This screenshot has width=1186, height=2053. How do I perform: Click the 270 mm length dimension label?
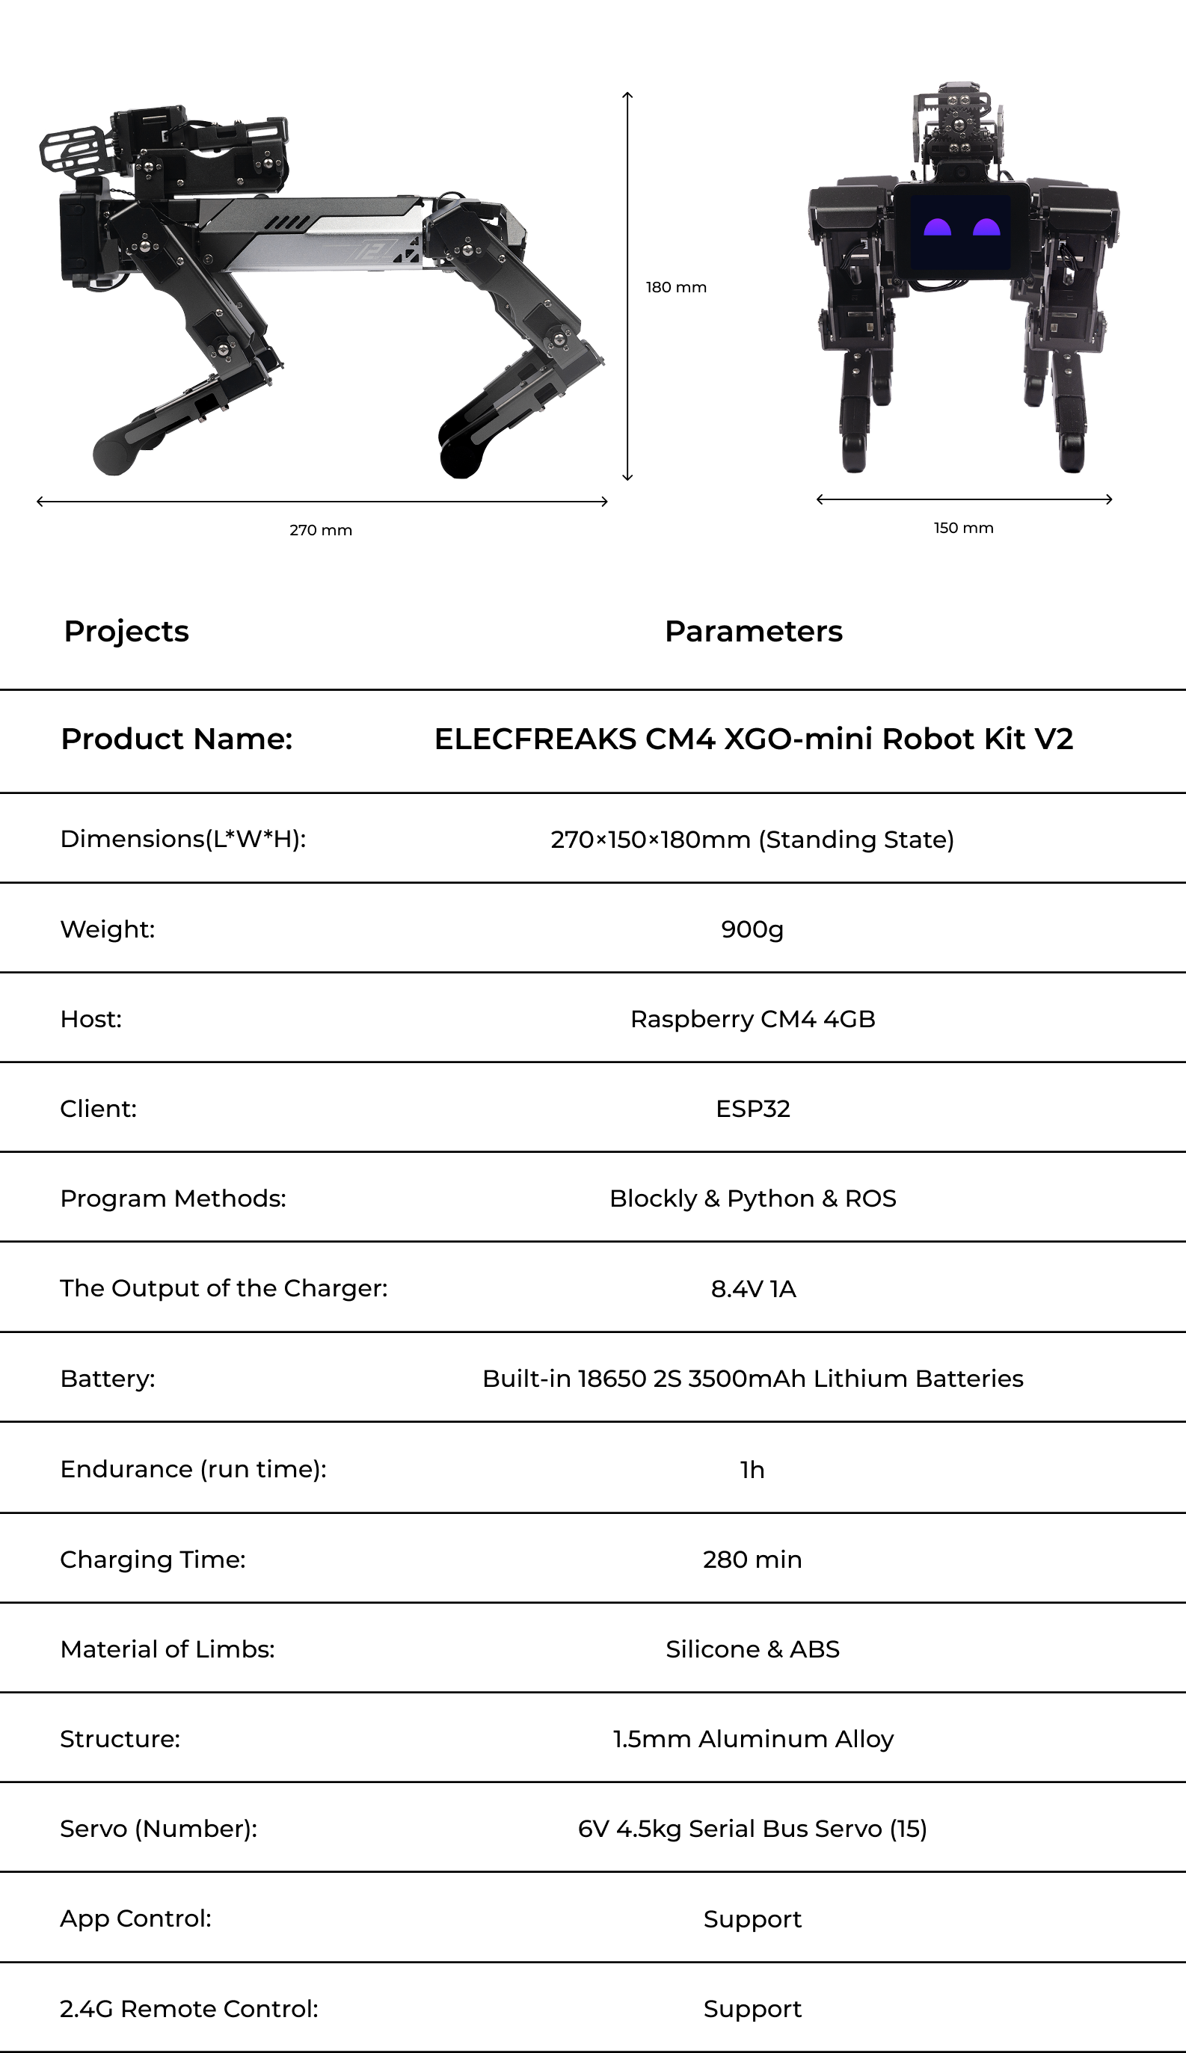pyautogui.click(x=321, y=530)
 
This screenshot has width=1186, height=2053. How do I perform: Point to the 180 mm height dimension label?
pyautogui.click(x=676, y=288)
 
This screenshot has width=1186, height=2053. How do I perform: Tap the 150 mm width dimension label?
pyautogui.click(x=964, y=528)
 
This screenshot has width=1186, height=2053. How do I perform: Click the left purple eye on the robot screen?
pyautogui.click(x=937, y=227)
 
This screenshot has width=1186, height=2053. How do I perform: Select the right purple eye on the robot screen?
pyautogui.click(x=986, y=227)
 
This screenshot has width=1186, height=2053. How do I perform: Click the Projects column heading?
pyautogui.click(x=126, y=631)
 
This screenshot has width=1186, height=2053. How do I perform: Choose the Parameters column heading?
pyautogui.click(x=754, y=631)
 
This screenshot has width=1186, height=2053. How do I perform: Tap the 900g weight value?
pyautogui.click(x=752, y=929)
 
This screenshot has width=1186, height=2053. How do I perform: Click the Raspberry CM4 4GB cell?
pyautogui.click(x=752, y=1019)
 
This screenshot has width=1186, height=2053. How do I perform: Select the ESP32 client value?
pyautogui.click(x=752, y=1108)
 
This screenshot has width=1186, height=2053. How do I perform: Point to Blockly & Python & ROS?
pyautogui.click(x=752, y=1198)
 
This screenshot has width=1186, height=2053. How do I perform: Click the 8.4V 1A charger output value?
pyautogui.click(x=752, y=1288)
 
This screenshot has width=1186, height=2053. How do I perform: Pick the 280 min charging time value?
pyautogui.click(x=752, y=1559)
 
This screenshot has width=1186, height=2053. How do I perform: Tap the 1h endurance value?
pyautogui.click(x=752, y=1469)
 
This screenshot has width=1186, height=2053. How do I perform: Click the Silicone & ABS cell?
pyautogui.click(x=752, y=1649)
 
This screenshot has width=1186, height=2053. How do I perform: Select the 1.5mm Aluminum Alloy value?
pyautogui.click(x=752, y=1739)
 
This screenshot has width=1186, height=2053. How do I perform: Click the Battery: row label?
pyautogui.click(x=108, y=1379)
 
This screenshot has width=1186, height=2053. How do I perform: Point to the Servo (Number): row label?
pyautogui.click(x=159, y=1828)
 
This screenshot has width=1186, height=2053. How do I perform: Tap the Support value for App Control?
pyautogui.click(x=752, y=1918)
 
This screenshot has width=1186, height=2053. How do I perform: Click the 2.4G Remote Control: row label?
pyautogui.click(x=189, y=2008)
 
